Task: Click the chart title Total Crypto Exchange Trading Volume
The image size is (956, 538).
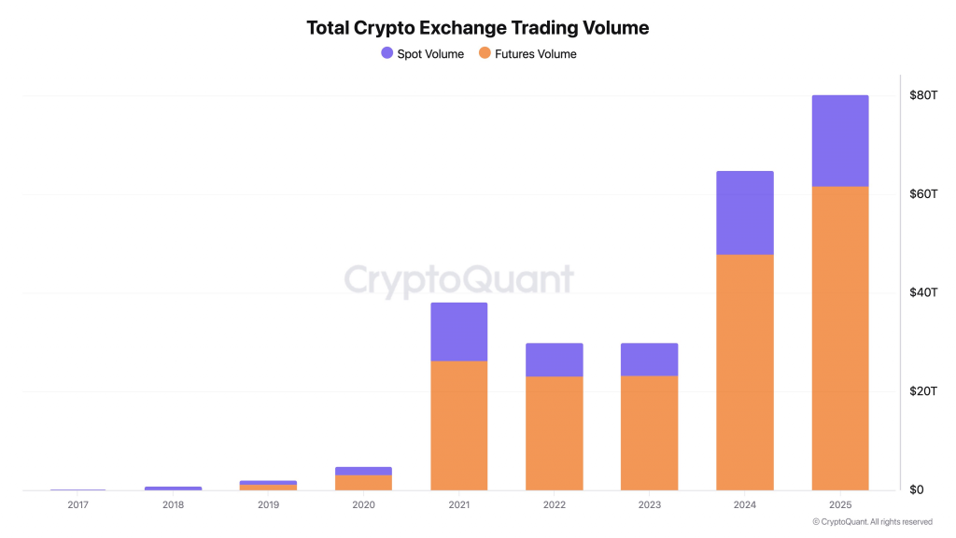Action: pos(477,28)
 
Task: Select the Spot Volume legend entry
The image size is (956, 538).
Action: pos(422,54)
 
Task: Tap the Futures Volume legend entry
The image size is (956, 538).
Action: pos(527,54)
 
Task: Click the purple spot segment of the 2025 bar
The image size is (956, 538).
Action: pos(839,140)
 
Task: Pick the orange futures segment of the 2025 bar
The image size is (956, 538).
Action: pos(839,336)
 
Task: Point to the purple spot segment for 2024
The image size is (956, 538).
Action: pos(744,213)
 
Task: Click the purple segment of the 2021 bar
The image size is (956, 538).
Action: pos(458,332)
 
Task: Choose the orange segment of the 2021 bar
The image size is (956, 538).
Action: pos(458,425)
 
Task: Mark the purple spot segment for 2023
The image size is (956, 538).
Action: pos(649,360)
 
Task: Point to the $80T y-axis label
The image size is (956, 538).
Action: pos(923,95)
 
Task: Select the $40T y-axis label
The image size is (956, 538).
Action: pos(923,292)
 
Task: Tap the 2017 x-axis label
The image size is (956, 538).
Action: pos(77,505)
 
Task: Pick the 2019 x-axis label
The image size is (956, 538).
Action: pos(268,505)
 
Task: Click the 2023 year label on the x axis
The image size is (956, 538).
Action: pos(649,505)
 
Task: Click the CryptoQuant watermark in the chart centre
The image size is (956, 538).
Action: pos(458,279)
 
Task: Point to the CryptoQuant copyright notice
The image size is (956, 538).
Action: pos(872,522)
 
